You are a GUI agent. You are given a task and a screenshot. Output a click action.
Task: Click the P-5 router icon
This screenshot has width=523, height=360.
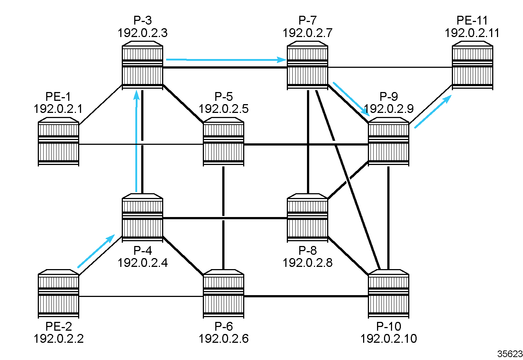click(223, 142)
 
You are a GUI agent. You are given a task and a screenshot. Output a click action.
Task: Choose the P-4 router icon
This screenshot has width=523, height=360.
click(142, 218)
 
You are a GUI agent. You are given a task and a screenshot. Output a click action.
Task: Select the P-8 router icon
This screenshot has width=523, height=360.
click(307, 218)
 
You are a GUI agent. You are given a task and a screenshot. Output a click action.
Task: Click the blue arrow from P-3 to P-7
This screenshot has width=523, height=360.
click(226, 59)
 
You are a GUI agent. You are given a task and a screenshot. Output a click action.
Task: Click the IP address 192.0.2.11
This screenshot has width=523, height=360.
click(472, 33)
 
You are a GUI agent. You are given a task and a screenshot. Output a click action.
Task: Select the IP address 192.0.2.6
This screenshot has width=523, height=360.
click(223, 338)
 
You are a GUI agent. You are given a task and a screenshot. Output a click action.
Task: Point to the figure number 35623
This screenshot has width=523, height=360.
click(510, 354)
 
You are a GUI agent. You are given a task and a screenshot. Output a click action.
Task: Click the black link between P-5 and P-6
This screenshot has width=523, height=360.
click(223, 220)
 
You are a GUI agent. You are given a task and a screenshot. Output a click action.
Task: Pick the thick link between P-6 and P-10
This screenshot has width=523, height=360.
click(306, 296)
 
